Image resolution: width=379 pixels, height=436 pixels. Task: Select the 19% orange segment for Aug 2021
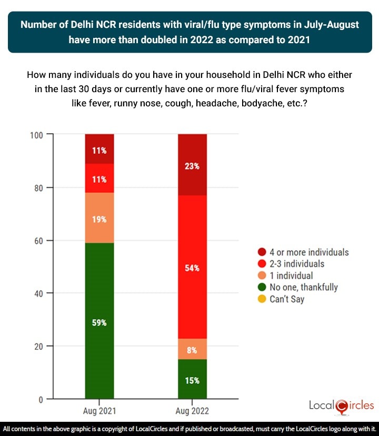point(99,217)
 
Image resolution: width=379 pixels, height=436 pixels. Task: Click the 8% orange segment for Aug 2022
point(192,349)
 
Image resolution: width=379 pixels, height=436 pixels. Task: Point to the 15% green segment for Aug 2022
point(192,379)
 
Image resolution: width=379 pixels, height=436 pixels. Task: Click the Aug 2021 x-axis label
point(99,409)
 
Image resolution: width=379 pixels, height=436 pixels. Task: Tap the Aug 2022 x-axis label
point(192,409)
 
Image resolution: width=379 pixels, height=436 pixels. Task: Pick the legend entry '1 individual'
point(294,275)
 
